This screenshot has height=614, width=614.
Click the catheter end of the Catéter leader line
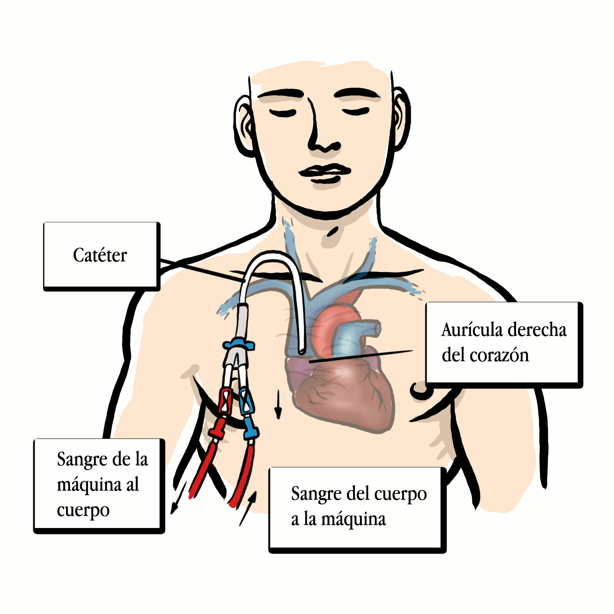point(245,280)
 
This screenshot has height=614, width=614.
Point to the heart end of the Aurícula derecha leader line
point(309,361)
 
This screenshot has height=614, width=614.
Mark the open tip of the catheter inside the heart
point(302,351)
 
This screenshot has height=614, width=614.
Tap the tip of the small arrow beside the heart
point(278,419)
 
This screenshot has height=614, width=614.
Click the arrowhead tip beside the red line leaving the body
point(172,514)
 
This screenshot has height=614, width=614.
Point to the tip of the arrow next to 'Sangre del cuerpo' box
point(256,491)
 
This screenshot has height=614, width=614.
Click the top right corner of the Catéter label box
point(159,223)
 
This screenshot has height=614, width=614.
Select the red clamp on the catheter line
point(225,401)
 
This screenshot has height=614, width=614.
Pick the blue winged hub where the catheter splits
point(239,344)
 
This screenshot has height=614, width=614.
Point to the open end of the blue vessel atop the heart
point(377,329)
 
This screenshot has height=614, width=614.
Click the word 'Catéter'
point(100,255)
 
